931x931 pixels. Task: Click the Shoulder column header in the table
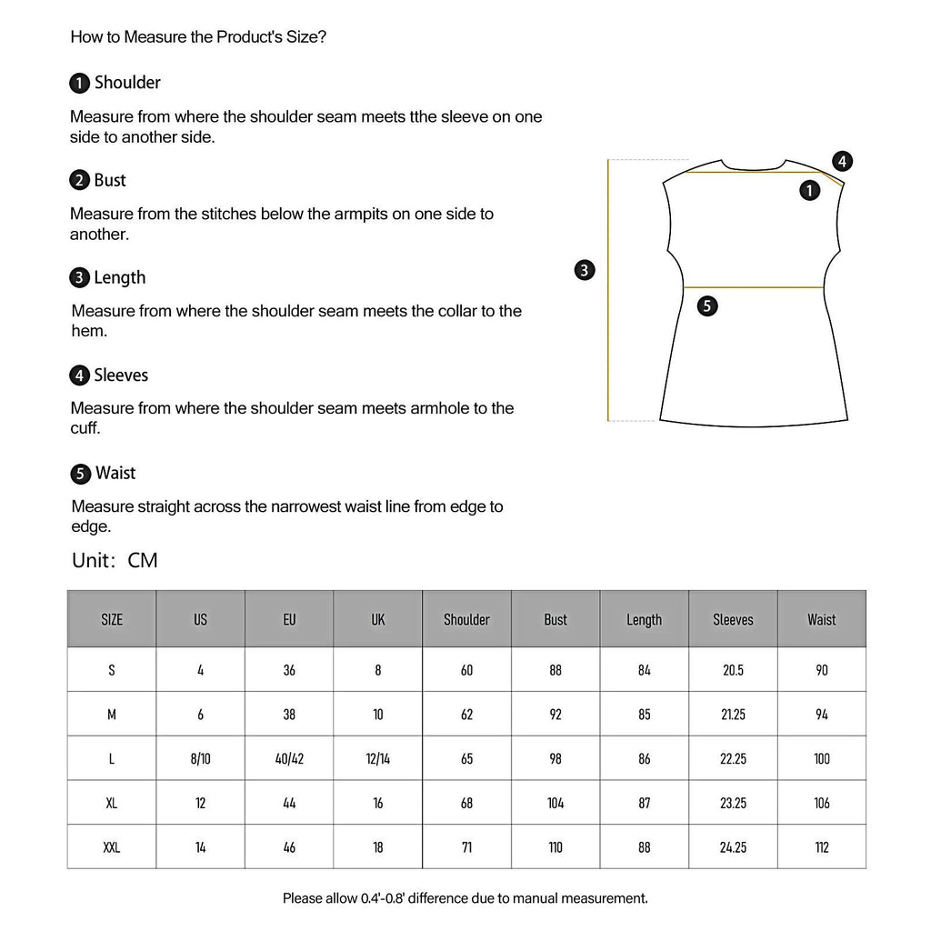466,620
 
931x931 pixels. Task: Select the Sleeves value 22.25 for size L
733,758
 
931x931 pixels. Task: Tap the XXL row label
112,847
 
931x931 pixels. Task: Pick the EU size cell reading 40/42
289,758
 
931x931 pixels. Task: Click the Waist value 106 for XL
822,803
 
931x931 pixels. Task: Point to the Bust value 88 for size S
556,670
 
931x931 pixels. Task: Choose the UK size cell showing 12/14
378,758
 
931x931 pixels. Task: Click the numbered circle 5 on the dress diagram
708,306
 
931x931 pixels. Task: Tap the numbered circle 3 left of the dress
586,269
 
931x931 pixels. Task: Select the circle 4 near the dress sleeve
843,162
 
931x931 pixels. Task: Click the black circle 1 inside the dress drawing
809,190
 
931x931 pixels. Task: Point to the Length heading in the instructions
119,277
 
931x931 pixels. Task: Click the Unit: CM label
115,560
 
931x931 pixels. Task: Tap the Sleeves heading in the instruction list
120,375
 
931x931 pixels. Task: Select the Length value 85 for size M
645,715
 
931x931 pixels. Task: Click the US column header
200,620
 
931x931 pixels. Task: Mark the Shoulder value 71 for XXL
466,847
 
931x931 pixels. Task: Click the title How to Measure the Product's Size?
198,37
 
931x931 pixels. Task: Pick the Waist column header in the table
822,620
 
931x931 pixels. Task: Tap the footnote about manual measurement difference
465,898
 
